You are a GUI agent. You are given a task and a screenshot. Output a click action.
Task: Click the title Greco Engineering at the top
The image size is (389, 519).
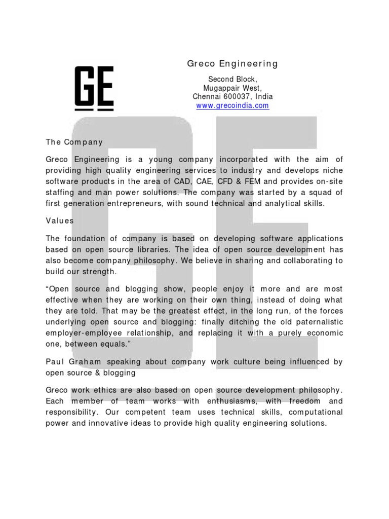point(232,64)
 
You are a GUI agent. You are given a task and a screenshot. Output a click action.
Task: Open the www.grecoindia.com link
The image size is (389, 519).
point(232,106)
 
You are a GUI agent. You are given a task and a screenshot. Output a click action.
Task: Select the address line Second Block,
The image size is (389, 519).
point(233,79)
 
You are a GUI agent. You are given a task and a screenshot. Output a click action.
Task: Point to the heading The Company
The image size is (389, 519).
point(74,142)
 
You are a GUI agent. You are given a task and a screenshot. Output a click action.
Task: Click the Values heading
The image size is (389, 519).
point(60,221)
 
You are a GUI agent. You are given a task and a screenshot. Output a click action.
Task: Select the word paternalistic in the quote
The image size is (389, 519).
point(316,322)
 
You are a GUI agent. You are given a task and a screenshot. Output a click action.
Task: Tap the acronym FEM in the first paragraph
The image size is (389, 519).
point(254,181)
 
